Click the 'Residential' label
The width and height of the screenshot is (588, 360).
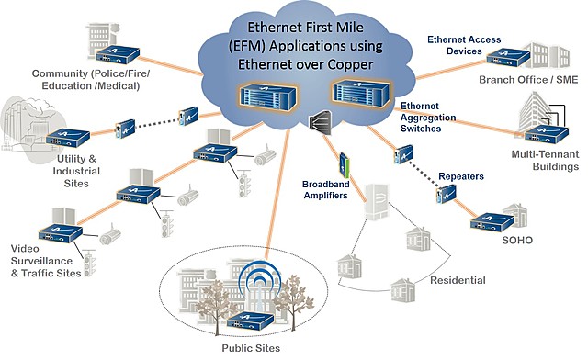(x=458, y=280)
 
